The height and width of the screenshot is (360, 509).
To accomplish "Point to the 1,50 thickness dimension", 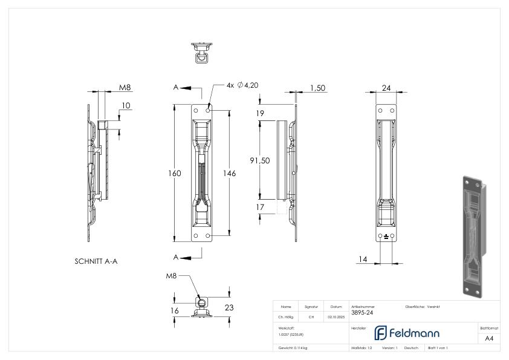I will click(317, 88).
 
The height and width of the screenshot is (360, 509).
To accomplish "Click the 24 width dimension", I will click(386, 88).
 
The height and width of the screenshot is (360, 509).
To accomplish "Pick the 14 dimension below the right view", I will click(362, 260).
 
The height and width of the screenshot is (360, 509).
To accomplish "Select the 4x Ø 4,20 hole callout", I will click(242, 86).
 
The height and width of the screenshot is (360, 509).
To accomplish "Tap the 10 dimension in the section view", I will click(125, 105).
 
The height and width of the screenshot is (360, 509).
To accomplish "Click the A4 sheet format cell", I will click(489, 338).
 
